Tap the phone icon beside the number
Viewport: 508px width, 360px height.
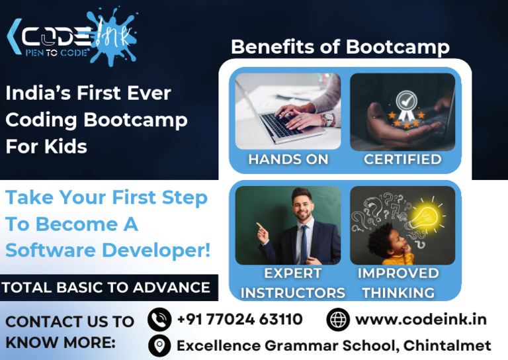[x=159, y=320]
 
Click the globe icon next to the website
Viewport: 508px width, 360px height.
[x=338, y=320]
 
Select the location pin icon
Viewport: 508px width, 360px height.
[x=159, y=345]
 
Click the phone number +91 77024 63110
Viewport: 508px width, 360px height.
[x=239, y=320]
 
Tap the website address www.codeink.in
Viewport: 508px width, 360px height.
[x=421, y=320]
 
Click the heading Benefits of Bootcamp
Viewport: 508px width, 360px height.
[x=340, y=48]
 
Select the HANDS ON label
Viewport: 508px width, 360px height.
[x=288, y=159]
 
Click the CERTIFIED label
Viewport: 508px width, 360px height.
[x=402, y=159]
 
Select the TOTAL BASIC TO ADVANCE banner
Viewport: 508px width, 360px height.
[x=106, y=288]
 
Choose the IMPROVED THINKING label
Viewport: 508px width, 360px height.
[x=398, y=283]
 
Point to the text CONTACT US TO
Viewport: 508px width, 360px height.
[x=69, y=322]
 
